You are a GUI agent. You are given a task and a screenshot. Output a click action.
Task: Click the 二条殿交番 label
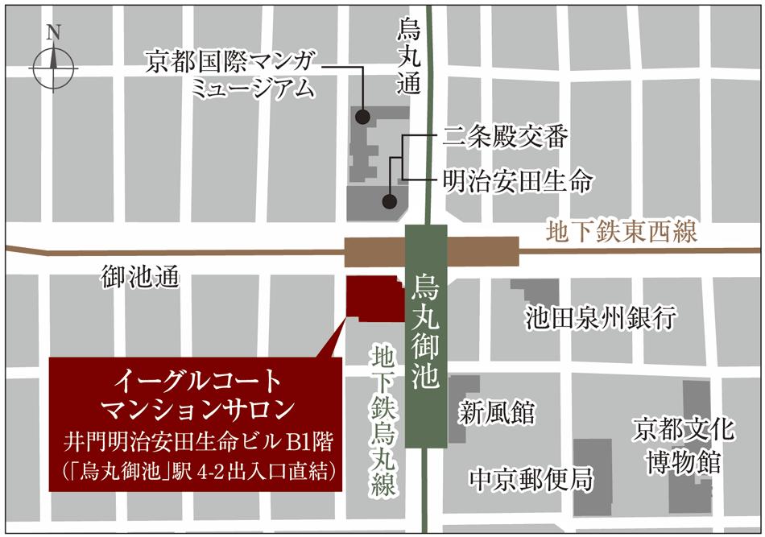click(x=506, y=138)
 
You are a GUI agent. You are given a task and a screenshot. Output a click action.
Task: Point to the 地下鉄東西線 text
click(x=620, y=233)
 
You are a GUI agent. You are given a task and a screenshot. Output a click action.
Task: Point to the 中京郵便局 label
click(x=531, y=480)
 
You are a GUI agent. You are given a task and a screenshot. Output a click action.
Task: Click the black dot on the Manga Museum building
click(x=363, y=116)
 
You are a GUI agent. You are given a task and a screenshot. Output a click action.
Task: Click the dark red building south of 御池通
click(x=374, y=299)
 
